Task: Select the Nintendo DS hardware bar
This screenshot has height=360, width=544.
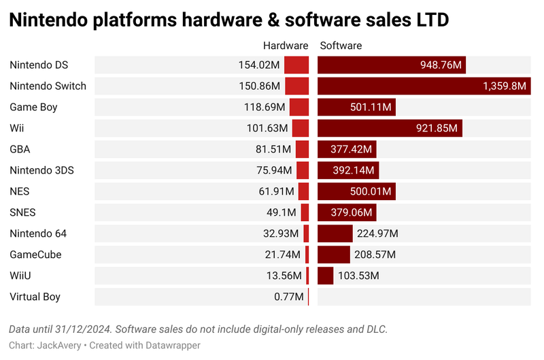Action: click(x=296, y=65)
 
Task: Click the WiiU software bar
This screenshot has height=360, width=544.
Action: click(x=325, y=276)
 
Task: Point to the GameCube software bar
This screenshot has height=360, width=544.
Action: click(x=333, y=255)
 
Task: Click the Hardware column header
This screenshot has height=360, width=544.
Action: click(x=286, y=46)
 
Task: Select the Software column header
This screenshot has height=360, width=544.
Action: click(x=341, y=46)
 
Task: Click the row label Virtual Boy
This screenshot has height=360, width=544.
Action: click(x=35, y=297)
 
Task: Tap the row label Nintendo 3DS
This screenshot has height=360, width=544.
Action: click(x=41, y=170)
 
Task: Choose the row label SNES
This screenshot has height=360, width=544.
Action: click(x=23, y=212)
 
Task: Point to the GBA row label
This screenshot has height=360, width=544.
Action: click(x=20, y=150)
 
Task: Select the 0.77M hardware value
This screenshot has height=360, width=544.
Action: click(x=289, y=297)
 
